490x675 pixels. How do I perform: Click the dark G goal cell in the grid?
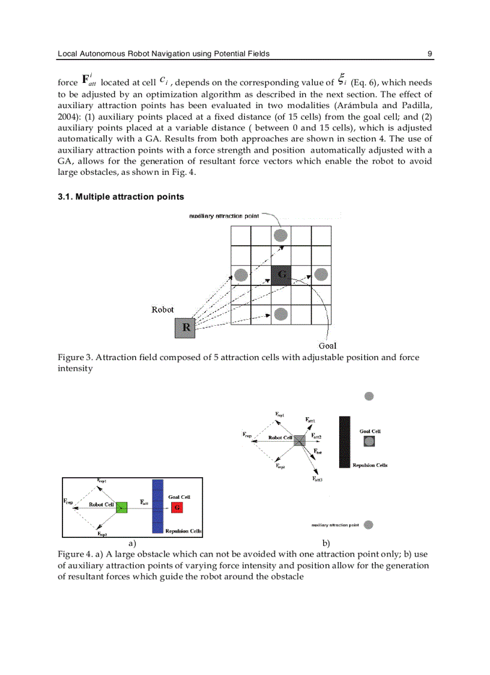click(280, 275)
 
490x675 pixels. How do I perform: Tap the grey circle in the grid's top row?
click(280, 235)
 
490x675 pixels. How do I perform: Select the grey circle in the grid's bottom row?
click(280, 314)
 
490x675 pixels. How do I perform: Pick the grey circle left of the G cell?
click(241, 275)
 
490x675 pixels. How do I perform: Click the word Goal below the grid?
click(327, 346)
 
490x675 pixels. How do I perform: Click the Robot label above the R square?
click(163, 310)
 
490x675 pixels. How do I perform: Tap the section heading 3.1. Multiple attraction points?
click(121, 197)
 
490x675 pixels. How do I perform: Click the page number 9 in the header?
click(430, 53)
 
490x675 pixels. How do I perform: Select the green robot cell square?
click(121, 507)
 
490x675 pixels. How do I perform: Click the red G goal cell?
click(177, 507)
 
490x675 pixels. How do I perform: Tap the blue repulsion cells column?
click(158, 506)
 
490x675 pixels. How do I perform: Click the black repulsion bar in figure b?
click(344, 441)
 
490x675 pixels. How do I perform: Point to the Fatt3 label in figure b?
click(318, 479)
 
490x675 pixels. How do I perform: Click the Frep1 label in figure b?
click(280, 414)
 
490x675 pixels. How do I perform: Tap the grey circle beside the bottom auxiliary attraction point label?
click(369, 525)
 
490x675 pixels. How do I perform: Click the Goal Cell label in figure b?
click(370, 431)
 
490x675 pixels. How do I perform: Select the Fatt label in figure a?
click(144, 501)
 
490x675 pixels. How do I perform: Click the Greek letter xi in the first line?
click(342, 80)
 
